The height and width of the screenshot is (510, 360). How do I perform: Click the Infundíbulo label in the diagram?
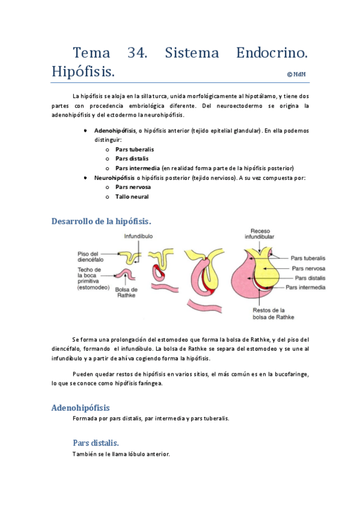(x=139, y=237)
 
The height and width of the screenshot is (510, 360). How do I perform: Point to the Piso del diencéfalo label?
(x=91, y=257)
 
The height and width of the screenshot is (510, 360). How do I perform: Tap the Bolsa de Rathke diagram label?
(x=127, y=292)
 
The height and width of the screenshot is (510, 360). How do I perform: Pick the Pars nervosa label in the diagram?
(x=308, y=268)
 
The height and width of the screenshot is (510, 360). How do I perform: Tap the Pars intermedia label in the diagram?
(x=305, y=287)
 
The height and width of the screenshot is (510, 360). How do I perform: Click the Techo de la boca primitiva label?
(x=92, y=278)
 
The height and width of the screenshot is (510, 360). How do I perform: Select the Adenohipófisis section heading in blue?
(x=81, y=407)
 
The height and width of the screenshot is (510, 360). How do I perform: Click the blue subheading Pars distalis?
(x=99, y=443)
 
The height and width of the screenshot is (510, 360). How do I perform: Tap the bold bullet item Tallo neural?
(x=132, y=197)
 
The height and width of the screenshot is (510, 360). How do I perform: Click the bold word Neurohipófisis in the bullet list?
(x=114, y=177)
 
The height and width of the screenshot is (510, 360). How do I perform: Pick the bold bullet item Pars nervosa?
(x=133, y=187)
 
